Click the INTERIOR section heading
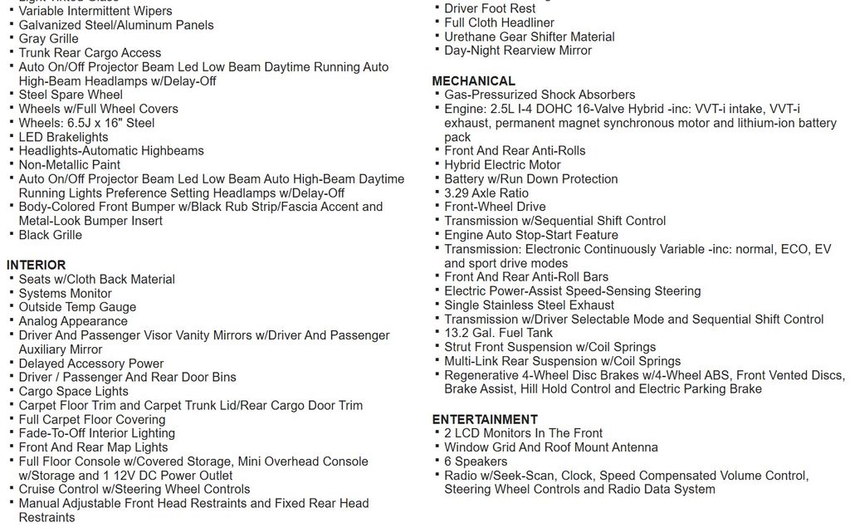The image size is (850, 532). tap(36, 265)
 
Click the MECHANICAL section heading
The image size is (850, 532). tap(473, 81)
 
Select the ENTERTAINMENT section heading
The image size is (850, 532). tap(485, 419)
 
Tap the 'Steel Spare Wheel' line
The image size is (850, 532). tap(71, 95)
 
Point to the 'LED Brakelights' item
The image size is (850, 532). tap(63, 137)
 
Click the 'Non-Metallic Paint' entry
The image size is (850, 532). tap(70, 164)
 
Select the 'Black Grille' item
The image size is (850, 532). tap(51, 235)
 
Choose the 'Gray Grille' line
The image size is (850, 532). tap(49, 39)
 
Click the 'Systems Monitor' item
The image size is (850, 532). tap(65, 293)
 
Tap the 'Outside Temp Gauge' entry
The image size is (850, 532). tap(77, 307)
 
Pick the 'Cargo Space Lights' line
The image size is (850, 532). tap(74, 391)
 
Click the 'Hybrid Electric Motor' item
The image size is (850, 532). tap(502, 164)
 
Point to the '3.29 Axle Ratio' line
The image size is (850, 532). tap(486, 193)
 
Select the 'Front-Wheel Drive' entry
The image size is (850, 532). tap(495, 207)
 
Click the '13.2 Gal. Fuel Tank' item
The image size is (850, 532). tap(498, 333)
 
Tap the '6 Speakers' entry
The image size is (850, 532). tap(476, 461)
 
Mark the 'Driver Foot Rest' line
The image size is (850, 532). tap(490, 8)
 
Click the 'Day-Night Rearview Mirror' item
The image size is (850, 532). tap(518, 51)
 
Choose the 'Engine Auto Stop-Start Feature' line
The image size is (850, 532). tap(531, 235)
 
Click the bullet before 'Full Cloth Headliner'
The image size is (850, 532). tap(437, 22)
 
